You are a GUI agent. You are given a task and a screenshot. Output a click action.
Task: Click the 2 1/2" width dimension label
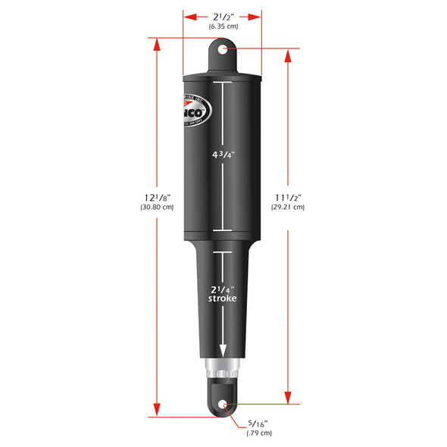tap(223, 16)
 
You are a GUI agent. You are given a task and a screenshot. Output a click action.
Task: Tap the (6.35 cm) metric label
tap(223, 27)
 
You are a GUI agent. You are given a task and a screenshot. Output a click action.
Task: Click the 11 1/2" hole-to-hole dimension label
tap(289, 197)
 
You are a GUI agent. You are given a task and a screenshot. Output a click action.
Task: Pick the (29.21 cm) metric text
tap(289, 208)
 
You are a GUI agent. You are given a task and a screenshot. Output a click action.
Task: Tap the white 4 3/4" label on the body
tap(223, 154)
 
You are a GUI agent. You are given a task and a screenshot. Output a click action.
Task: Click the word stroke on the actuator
tap(223, 299)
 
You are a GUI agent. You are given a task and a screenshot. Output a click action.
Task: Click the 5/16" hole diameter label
tap(258, 425)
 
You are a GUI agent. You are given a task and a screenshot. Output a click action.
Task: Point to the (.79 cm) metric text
tap(258, 434)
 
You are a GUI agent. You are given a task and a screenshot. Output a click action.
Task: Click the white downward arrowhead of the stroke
tap(223, 350)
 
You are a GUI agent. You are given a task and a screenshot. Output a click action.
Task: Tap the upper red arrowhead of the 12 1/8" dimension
tap(157, 42)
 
